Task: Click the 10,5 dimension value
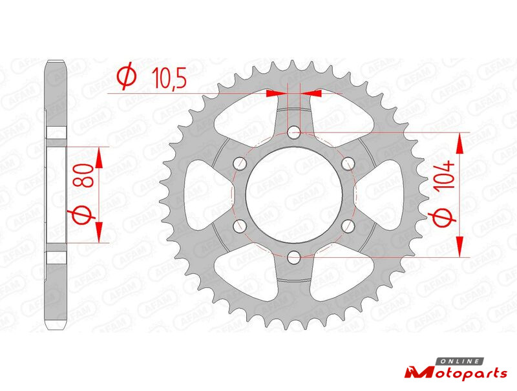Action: click(169, 78)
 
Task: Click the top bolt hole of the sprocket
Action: click(293, 133)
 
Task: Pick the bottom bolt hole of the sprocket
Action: click(293, 257)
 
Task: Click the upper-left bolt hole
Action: click(240, 162)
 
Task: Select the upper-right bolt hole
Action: click(348, 162)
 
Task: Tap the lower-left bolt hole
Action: click(240, 226)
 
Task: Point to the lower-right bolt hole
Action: click(348, 226)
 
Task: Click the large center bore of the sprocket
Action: click(293, 195)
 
